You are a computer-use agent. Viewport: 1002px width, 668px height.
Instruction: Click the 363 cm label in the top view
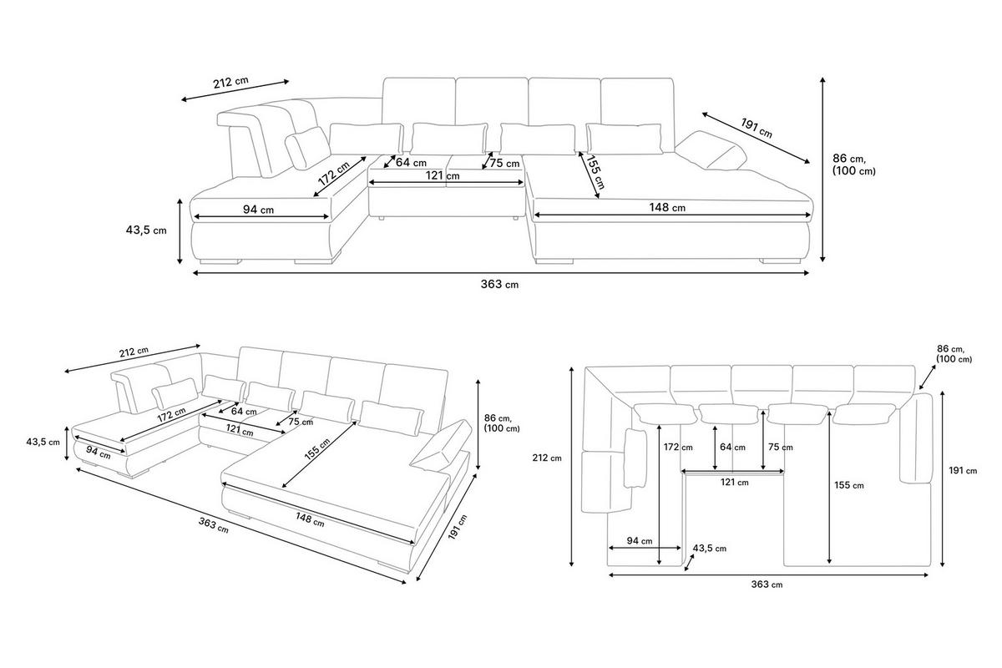point(499,284)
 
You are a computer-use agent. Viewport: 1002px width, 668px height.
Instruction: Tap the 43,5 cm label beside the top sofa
point(146,230)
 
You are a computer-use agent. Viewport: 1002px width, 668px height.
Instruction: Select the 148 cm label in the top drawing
point(667,207)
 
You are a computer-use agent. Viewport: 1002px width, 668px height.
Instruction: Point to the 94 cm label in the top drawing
point(258,210)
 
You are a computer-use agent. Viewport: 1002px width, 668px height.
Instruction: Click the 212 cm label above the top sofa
point(230,83)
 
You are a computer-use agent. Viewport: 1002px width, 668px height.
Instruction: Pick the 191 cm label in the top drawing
point(757,128)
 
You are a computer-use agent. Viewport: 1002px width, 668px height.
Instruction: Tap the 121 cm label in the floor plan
point(735,483)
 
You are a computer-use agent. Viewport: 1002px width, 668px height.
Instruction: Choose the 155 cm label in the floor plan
point(849,485)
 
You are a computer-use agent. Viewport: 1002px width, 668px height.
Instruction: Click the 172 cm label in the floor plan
point(678,447)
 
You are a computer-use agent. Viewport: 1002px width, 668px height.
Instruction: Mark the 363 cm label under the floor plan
point(767,584)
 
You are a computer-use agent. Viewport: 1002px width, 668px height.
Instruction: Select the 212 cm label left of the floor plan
point(547,458)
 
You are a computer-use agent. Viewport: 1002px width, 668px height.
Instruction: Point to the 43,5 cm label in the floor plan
point(710,548)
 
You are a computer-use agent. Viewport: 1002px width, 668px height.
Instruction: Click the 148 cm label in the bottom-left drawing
point(310,519)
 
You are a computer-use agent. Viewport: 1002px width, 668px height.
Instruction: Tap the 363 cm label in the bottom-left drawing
point(214,525)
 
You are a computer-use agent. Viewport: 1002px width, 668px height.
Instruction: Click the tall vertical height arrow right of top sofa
point(822,170)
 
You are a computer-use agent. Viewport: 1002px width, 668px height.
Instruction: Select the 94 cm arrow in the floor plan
point(645,548)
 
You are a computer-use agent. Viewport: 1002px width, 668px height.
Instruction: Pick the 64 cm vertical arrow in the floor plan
point(715,448)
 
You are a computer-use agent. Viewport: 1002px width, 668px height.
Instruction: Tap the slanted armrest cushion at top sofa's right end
point(711,151)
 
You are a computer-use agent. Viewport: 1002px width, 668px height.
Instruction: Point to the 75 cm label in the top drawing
point(504,164)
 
